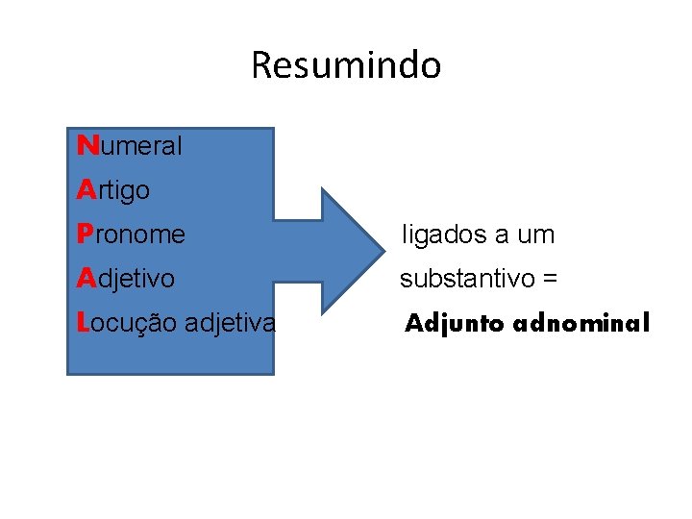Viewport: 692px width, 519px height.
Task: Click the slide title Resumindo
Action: point(346,65)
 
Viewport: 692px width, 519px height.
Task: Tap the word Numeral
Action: point(130,146)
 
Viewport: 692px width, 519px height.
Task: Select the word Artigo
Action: point(113,190)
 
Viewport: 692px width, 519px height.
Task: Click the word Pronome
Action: point(131,235)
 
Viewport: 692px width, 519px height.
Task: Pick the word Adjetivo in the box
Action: point(126,279)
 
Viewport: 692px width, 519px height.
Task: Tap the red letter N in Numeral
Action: point(86,146)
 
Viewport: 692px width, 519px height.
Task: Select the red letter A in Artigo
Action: point(85,190)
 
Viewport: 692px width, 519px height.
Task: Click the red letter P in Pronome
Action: point(85,235)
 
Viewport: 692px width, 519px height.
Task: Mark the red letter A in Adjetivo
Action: point(85,279)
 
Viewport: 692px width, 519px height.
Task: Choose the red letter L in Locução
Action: point(83,323)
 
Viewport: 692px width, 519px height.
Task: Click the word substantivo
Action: point(468,280)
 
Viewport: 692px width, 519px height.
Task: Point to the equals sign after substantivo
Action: point(550,280)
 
